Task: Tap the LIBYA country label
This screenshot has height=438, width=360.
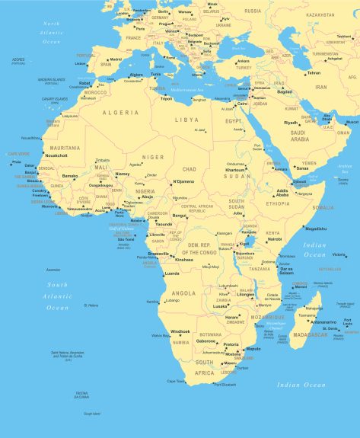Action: coord(186,120)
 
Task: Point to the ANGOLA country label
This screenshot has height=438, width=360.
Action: coord(184,293)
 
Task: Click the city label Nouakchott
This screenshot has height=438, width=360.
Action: coord(56,155)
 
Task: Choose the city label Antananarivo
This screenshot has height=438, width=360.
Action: coord(323,321)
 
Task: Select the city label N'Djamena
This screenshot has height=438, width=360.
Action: coord(183,181)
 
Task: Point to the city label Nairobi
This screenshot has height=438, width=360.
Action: coord(275,239)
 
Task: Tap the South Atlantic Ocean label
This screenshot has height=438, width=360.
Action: coord(57,296)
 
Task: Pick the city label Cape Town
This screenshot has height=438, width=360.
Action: coord(176,381)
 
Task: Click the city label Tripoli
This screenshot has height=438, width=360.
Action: coord(166,98)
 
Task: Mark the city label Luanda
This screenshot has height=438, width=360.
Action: coord(172,273)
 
